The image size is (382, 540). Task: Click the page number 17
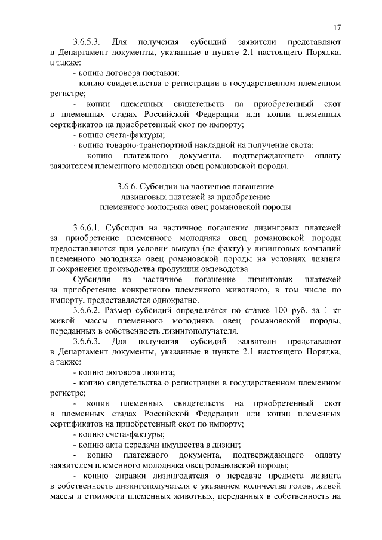(337, 27)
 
